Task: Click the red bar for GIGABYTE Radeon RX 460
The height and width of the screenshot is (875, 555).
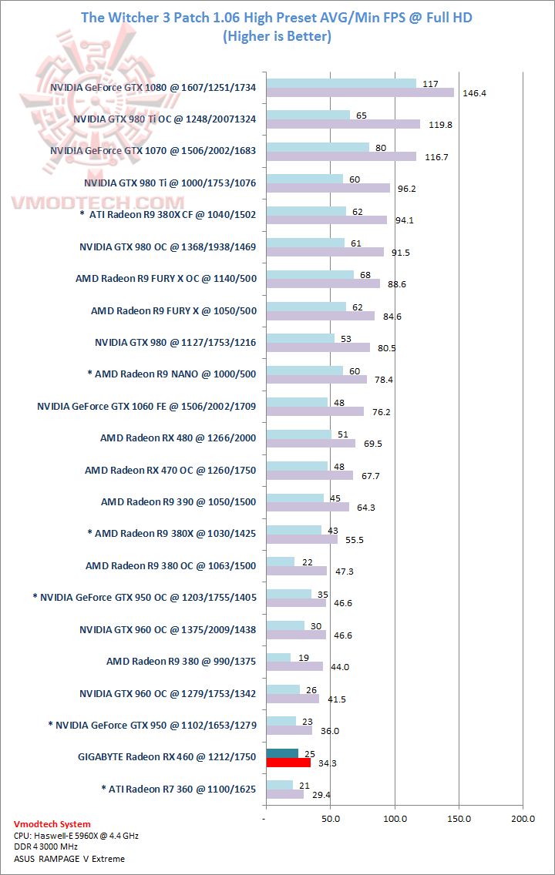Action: click(x=288, y=763)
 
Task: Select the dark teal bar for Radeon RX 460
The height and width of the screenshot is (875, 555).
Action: click(x=281, y=753)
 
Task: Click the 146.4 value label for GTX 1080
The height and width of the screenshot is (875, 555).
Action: click(x=474, y=93)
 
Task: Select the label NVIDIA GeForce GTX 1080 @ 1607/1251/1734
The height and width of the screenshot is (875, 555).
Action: click(x=153, y=88)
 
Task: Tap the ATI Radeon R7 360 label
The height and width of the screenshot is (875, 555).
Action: click(x=178, y=789)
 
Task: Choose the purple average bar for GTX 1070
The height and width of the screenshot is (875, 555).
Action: click(x=341, y=156)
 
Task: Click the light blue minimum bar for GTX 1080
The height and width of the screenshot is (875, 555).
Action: click(x=341, y=83)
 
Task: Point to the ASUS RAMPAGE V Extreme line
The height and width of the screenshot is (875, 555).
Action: click(x=69, y=858)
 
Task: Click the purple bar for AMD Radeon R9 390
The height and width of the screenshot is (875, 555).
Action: click(x=307, y=507)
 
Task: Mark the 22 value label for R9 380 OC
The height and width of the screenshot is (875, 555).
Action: click(x=306, y=561)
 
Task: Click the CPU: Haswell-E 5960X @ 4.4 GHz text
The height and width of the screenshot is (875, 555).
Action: click(x=76, y=835)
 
